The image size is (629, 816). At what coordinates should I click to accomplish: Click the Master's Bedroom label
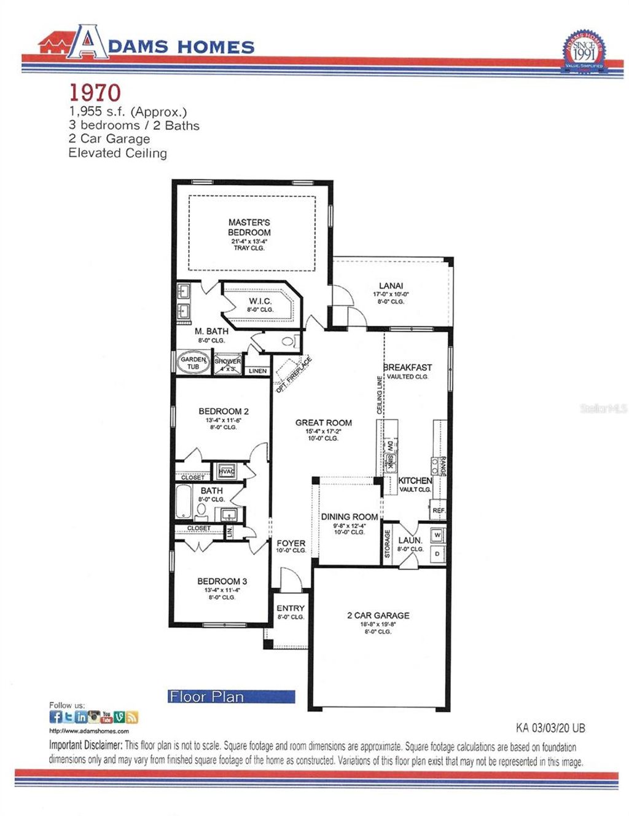coord(249,228)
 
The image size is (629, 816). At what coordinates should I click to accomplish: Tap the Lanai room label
coord(391,286)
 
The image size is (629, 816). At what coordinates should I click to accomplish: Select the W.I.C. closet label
coord(260,301)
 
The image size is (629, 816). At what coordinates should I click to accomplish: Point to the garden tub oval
coord(193,363)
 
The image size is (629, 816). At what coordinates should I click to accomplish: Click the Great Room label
coord(323,422)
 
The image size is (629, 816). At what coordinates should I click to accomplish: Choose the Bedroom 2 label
coord(223,411)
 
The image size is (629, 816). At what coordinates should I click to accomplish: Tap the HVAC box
coord(227,472)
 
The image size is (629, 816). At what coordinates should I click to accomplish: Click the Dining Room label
coord(349,517)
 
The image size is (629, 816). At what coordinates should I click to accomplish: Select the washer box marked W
coord(437,535)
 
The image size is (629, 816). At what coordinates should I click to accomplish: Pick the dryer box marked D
coord(437,553)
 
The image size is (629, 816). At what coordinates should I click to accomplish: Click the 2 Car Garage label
coord(378,615)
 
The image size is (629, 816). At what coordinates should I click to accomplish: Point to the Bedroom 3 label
coord(222,581)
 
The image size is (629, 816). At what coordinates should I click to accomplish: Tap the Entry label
coord(290,608)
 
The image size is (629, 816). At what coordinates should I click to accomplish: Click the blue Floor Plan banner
coord(232,697)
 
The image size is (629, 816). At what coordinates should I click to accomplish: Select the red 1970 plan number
coord(95,92)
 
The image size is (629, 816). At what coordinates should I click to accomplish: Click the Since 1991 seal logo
coord(584,51)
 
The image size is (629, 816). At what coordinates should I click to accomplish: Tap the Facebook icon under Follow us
coord(55,717)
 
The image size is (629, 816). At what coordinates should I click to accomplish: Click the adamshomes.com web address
coord(89,731)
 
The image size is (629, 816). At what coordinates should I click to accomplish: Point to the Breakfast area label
coord(407,367)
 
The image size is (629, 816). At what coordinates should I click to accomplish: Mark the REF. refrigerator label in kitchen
coord(438,510)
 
